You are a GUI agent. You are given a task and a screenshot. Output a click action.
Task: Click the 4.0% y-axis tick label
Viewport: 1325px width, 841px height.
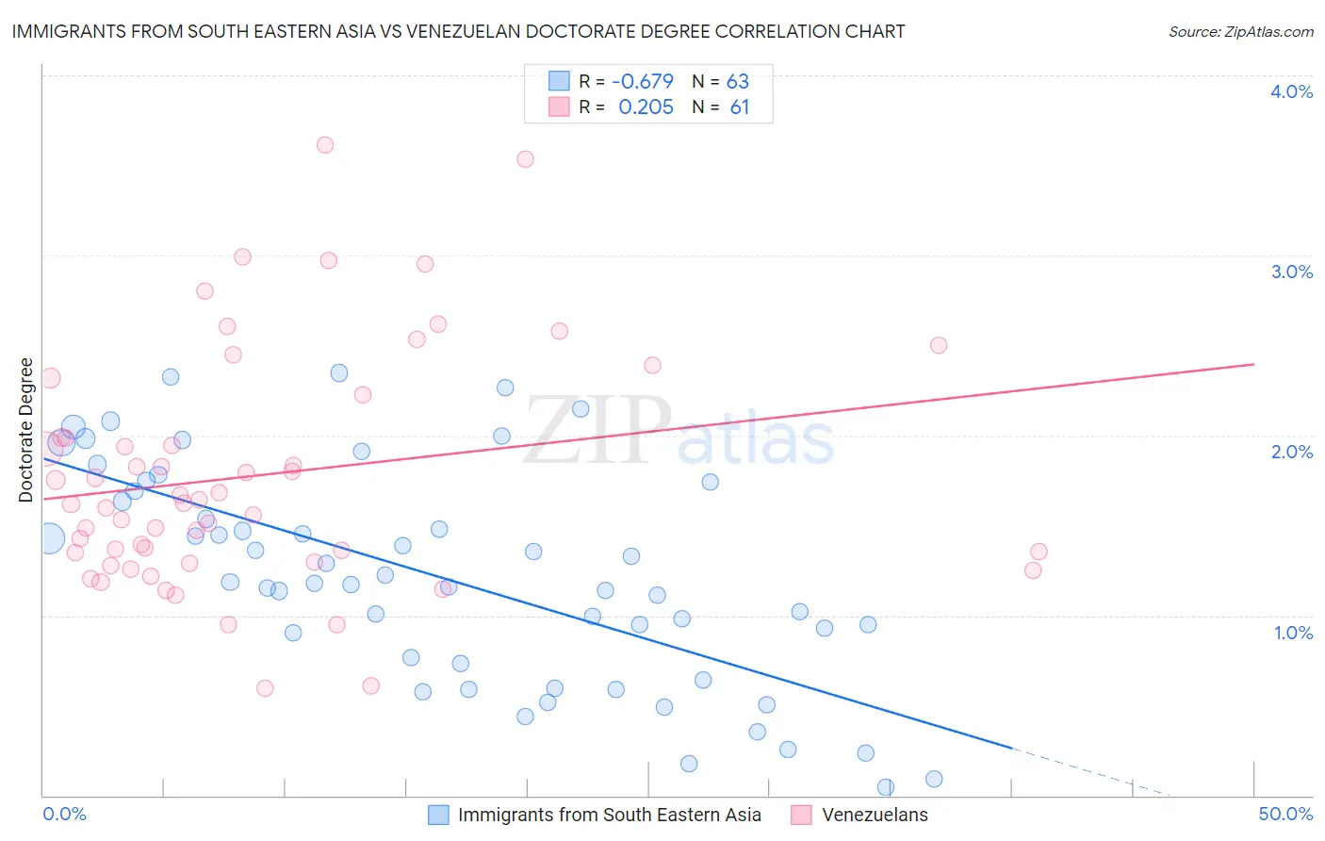click(1291, 91)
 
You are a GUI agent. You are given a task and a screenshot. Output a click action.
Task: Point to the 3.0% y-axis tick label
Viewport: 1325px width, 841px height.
click(1291, 272)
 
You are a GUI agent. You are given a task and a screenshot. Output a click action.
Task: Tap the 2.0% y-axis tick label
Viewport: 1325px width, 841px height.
click(1291, 452)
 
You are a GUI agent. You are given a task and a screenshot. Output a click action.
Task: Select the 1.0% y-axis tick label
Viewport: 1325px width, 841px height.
click(1293, 633)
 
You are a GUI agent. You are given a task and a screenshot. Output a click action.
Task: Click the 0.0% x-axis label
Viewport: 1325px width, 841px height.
click(64, 814)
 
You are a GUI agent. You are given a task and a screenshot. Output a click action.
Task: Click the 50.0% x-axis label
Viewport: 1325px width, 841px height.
click(1285, 814)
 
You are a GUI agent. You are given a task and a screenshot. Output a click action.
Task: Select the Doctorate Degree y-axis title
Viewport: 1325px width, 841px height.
click(26, 430)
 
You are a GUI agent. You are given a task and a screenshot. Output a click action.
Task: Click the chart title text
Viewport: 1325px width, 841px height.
click(458, 31)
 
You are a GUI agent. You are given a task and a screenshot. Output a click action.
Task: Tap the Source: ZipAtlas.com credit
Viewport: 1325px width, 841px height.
click(1240, 32)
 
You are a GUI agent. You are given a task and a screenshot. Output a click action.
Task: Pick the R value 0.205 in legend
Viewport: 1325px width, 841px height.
click(646, 107)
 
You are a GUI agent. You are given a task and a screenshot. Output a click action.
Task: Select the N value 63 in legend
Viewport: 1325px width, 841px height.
click(737, 82)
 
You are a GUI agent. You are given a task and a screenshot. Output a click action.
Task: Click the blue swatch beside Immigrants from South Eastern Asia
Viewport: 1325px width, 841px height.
click(438, 815)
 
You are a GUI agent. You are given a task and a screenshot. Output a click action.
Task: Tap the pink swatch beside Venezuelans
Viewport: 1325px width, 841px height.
click(801, 815)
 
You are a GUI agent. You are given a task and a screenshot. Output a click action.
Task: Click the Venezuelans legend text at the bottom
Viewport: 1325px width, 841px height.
click(875, 815)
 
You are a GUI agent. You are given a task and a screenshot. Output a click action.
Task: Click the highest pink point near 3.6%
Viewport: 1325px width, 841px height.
click(325, 145)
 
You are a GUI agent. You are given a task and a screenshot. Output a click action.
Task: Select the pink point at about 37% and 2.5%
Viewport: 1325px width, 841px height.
click(939, 345)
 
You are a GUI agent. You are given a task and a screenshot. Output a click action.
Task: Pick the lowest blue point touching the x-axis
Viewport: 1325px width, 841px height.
click(886, 787)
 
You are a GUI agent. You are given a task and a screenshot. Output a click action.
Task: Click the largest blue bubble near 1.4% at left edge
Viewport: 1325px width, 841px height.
click(49, 538)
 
